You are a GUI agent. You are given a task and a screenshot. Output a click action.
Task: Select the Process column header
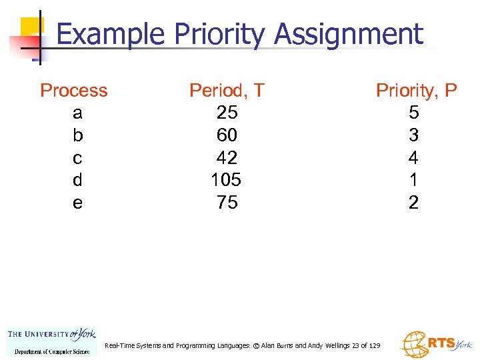click(74, 91)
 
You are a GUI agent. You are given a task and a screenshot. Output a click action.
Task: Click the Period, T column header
click(227, 91)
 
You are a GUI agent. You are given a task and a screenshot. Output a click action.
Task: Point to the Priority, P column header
click(416, 91)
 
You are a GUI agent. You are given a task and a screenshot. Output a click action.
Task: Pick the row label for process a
click(77, 113)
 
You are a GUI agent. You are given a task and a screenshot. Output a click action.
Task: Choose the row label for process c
click(77, 158)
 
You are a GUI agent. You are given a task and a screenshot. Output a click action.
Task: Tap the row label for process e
click(77, 203)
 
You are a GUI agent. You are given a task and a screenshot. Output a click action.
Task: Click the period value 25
click(227, 113)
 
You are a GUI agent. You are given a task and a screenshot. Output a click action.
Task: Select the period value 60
click(227, 135)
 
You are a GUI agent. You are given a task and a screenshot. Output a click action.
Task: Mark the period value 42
click(227, 158)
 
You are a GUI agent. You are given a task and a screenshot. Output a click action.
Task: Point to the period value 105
click(227, 180)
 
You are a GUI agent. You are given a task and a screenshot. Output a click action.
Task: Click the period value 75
click(227, 203)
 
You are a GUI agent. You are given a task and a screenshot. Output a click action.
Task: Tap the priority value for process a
click(414, 113)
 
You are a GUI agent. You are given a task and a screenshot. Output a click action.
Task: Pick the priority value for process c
click(414, 158)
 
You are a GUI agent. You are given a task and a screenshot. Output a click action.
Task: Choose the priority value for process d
click(414, 180)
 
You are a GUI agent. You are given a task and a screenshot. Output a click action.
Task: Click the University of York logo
click(51, 341)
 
